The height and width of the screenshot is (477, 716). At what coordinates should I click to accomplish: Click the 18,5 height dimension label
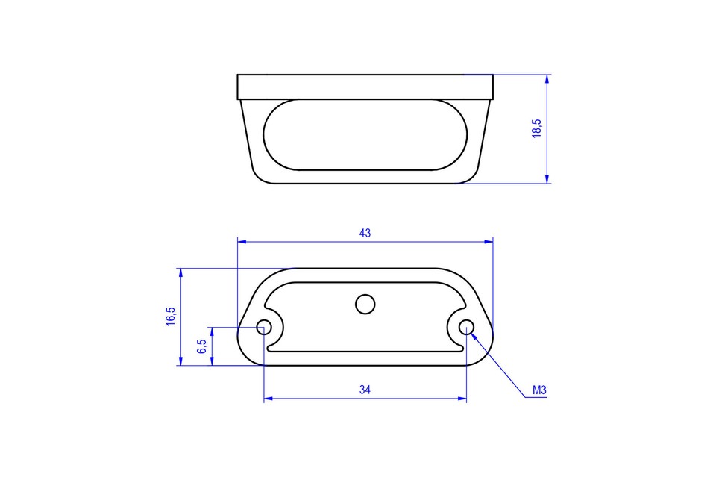[536, 128]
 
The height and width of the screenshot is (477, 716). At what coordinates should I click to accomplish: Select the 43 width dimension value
[365, 233]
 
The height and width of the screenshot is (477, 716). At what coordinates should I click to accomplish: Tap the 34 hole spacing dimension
[365, 390]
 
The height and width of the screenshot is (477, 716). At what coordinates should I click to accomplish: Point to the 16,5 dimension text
[171, 316]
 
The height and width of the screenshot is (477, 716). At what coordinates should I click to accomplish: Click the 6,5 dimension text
[201, 346]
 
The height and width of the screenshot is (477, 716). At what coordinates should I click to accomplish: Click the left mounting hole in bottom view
[264, 327]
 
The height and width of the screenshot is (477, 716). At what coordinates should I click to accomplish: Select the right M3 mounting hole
[466, 327]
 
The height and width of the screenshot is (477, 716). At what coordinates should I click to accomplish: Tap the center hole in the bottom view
[365, 304]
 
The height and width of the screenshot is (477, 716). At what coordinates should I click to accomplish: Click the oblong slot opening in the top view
[365, 134]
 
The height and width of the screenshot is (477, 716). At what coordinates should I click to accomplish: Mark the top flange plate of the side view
[365, 87]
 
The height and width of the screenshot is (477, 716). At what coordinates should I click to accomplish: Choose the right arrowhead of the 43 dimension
[489, 241]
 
